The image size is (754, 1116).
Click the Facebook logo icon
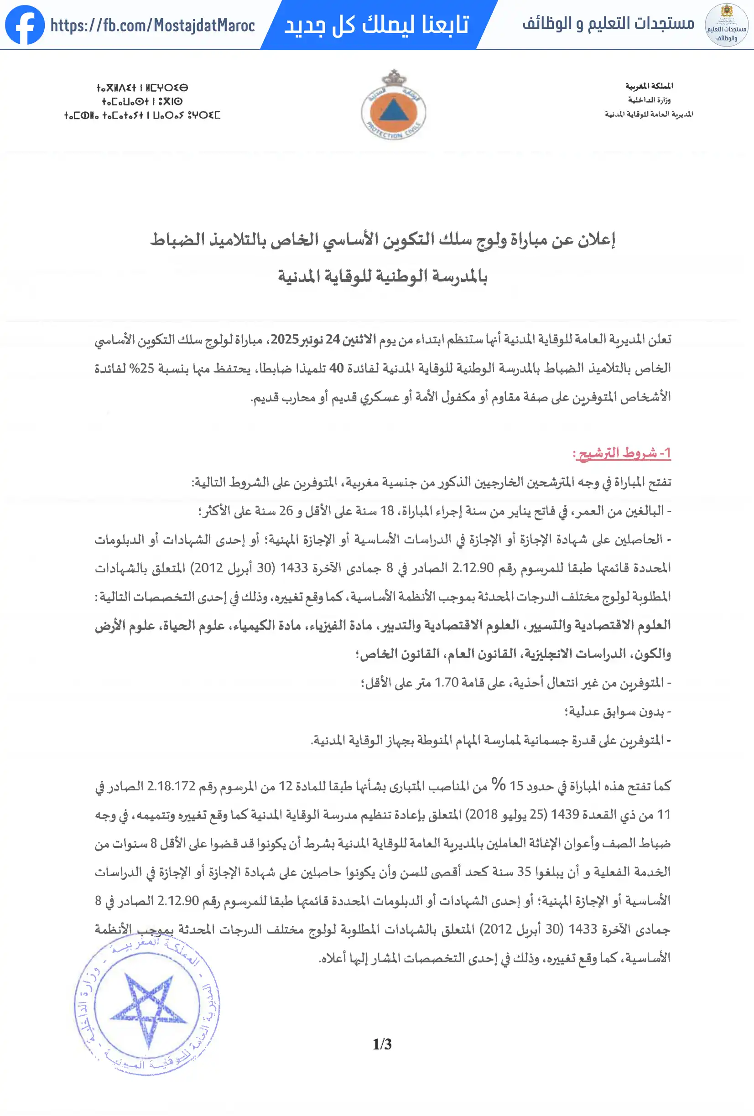(25, 25)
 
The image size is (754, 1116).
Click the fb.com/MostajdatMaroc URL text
(152, 26)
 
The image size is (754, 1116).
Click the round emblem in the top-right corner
(726, 25)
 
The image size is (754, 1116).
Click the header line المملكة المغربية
(649, 86)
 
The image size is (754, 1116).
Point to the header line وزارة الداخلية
(649, 100)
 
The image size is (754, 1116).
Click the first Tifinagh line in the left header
(142, 88)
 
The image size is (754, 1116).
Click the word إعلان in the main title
(596, 239)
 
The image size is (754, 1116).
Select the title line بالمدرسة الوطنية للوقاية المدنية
(382, 276)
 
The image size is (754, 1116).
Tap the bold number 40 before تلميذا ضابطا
(336, 369)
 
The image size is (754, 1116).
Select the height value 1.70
(446, 682)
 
